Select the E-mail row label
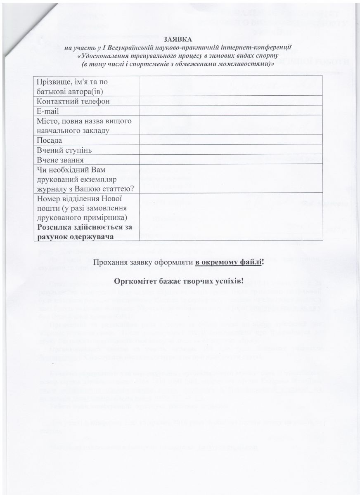tap(48, 111)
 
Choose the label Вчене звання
tap(61, 160)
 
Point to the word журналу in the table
tap(52, 189)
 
